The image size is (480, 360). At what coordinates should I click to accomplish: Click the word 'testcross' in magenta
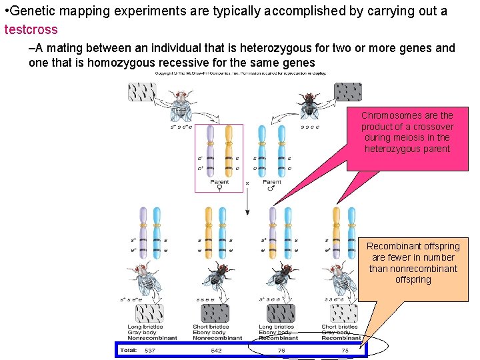point(31,29)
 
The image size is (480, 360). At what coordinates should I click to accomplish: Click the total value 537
point(150,350)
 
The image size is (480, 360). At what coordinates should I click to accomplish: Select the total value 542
point(216,350)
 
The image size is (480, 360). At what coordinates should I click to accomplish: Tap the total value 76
point(281,350)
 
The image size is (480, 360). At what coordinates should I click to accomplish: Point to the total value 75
point(345,350)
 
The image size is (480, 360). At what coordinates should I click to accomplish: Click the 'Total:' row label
point(128,350)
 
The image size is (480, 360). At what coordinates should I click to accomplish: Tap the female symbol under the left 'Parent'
point(219,189)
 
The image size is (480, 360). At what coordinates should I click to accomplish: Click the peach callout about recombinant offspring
point(413,263)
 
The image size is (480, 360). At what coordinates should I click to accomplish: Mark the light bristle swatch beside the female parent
point(142,92)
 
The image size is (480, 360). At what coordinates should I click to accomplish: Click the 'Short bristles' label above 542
point(210,327)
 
